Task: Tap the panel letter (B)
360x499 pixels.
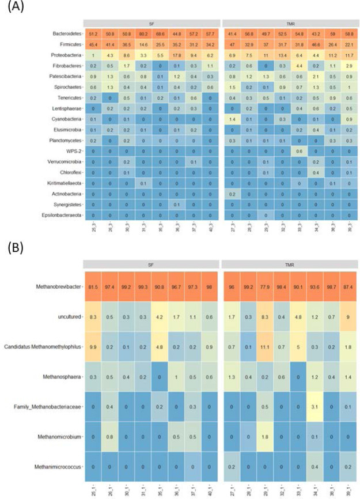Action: coord(13,249)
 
